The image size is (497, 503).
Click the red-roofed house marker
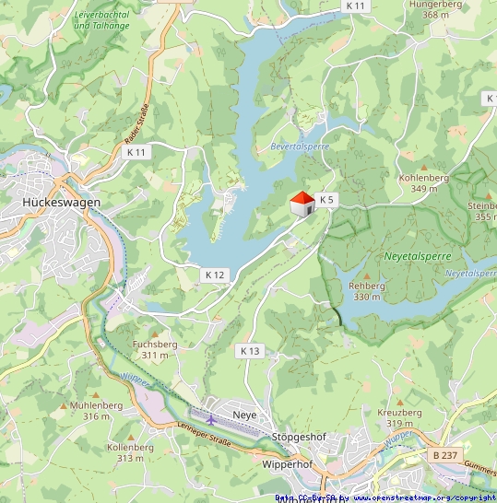click(301, 204)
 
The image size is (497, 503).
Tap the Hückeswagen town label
click(61, 202)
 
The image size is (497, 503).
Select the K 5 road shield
click(326, 199)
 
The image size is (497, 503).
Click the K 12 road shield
click(215, 275)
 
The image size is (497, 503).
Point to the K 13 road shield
click(250, 350)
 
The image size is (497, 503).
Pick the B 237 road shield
click(444, 455)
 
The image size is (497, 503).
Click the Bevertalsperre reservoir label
click(300, 146)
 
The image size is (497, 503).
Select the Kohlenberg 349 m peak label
click(424, 182)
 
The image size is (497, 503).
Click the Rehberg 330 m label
click(367, 291)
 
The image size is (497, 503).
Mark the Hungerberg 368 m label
click(442, 9)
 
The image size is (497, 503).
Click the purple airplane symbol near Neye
click(212, 420)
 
